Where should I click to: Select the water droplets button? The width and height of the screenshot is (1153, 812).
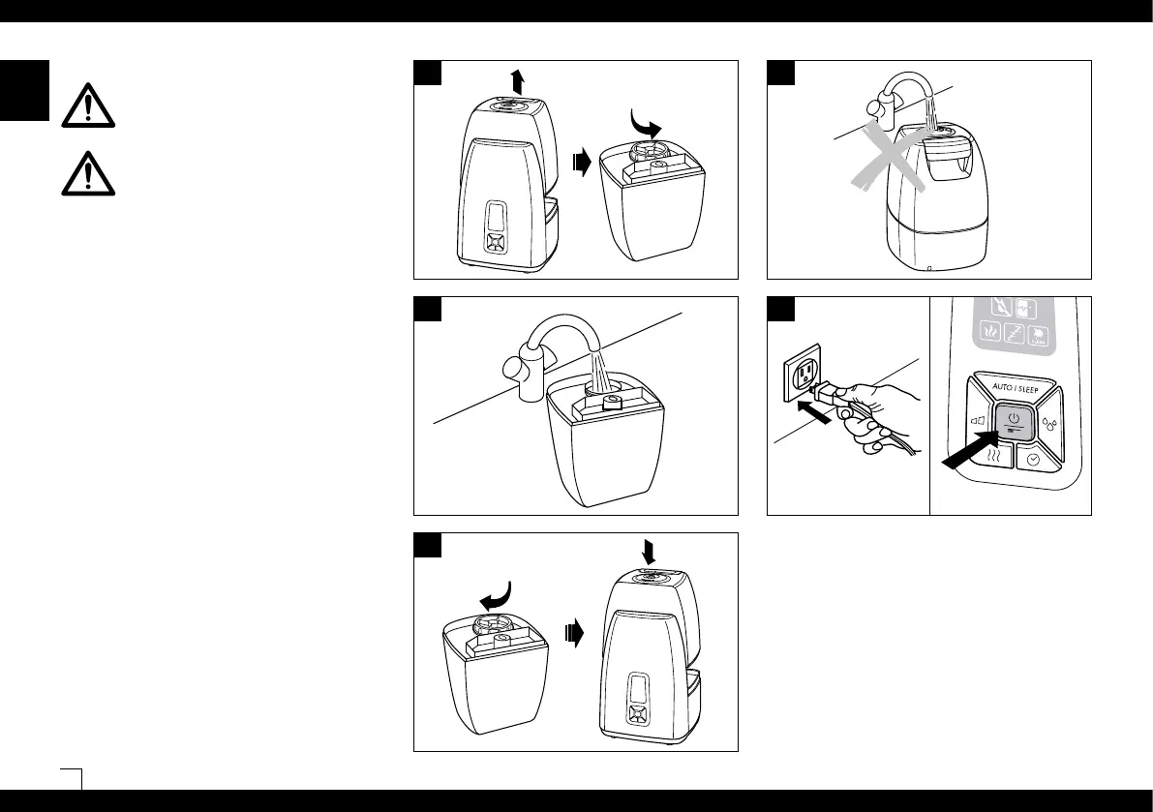tap(1050, 422)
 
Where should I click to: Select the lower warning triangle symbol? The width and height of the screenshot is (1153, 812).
tap(87, 172)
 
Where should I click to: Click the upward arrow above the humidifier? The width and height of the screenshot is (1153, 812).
tap(518, 80)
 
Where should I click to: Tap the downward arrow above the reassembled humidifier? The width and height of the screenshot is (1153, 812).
tap(648, 550)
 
